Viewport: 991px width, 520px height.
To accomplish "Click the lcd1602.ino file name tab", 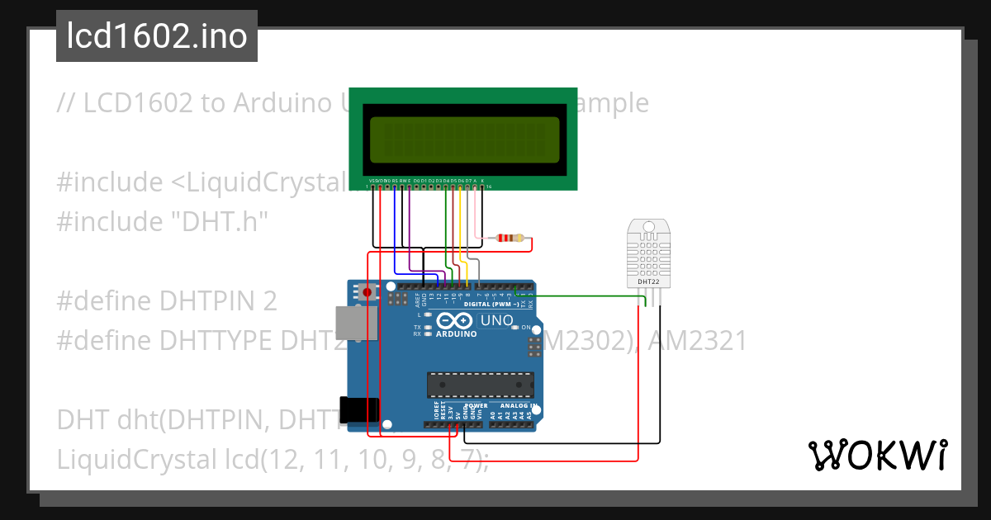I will [157, 36].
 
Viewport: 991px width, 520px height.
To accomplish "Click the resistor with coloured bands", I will [506, 239].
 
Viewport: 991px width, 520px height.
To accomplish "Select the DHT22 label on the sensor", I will [648, 281].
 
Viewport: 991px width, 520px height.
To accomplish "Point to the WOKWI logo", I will [877, 455].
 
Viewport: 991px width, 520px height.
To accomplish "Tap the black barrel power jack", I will [359, 410].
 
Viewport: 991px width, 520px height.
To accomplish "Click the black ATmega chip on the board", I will [478, 384].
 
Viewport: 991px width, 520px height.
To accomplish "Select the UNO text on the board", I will [497, 320].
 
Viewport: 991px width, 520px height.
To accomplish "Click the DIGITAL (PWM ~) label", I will [491, 304].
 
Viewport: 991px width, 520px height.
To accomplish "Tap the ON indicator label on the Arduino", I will [526, 328].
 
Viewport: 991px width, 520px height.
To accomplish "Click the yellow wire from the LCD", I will [461, 231].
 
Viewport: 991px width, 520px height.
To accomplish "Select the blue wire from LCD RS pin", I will [395, 239].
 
